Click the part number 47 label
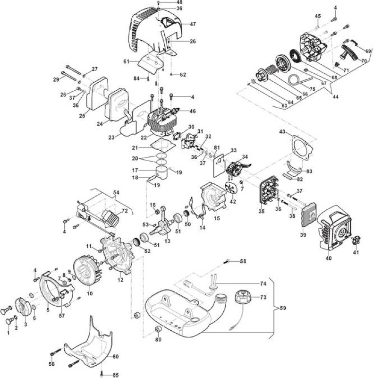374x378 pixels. point(193,24)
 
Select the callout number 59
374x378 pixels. point(283,309)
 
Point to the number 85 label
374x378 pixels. point(115,375)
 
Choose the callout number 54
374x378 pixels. point(116,193)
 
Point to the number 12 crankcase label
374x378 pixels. point(120,280)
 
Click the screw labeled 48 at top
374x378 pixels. point(158,3)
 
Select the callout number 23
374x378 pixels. point(111,138)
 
